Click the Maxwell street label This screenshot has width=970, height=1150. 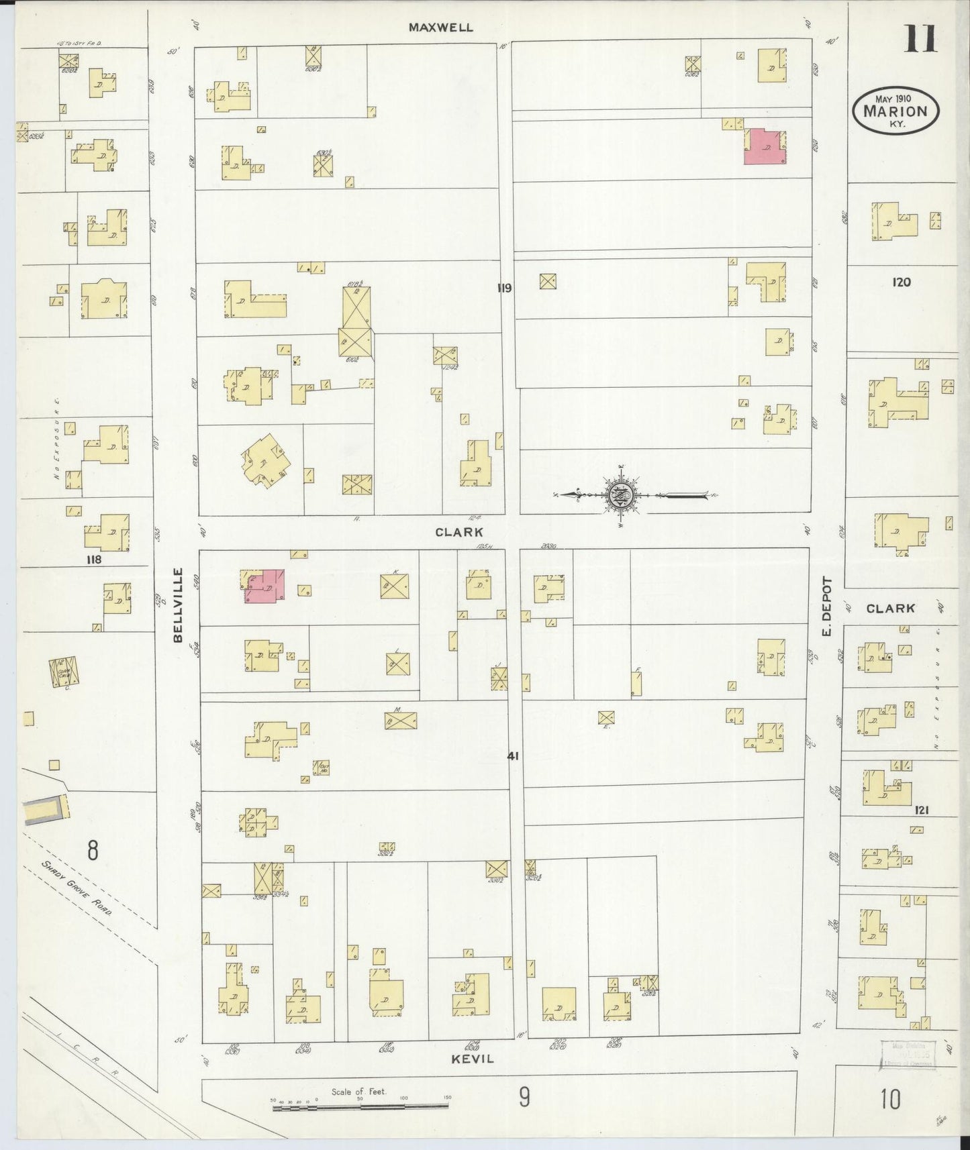tap(442, 28)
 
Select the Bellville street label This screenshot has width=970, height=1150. tap(178, 605)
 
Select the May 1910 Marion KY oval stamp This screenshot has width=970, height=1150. tap(895, 109)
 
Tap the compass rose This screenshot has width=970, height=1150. tap(618, 496)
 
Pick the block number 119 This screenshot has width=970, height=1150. tap(505, 288)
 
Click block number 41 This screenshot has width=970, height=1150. tap(514, 755)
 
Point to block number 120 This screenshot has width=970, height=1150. tap(901, 282)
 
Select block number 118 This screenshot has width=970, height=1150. tap(93, 558)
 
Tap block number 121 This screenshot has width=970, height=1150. tap(921, 810)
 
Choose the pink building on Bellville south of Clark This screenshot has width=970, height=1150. tap(266, 586)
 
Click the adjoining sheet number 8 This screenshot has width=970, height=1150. tap(92, 850)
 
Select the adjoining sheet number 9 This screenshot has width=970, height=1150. tap(524, 1097)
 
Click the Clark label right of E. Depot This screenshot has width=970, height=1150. tap(890, 608)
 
